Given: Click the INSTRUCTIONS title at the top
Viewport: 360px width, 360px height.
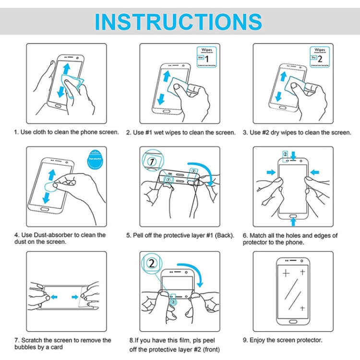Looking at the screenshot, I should tap(179, 22).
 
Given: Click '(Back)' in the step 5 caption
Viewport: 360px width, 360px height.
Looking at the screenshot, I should tap(226, 236).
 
